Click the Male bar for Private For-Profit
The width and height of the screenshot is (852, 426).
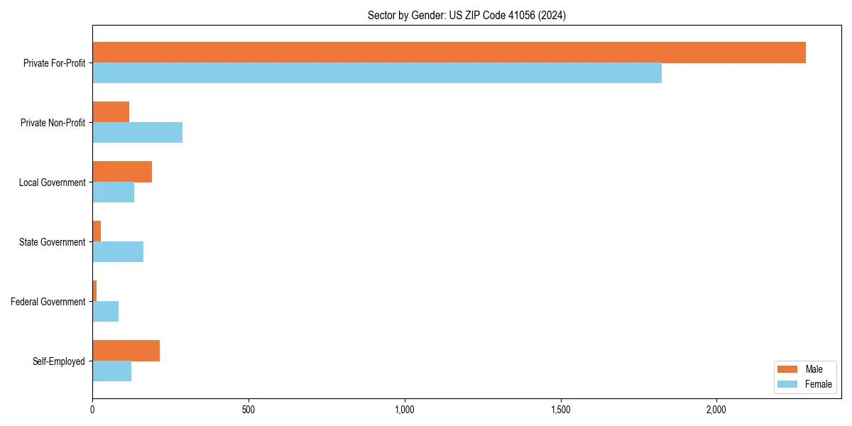449,53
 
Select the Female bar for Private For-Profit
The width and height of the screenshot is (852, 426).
377,73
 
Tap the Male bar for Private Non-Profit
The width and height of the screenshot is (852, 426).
111,112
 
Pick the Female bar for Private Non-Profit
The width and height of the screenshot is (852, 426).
137,133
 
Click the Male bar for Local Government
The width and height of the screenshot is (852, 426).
122,172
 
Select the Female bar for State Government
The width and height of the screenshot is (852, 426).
118,252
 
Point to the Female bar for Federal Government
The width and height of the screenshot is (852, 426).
105,312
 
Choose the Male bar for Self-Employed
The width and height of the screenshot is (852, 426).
126,351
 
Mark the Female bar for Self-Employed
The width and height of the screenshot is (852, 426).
111,371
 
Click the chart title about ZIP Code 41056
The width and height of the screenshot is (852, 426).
466,15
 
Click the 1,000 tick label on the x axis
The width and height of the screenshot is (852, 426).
405,410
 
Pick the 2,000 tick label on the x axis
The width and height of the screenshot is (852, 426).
716,410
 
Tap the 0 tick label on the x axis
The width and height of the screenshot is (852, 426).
92,410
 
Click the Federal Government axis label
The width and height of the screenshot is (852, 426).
48,302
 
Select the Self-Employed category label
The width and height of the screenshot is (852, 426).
59,361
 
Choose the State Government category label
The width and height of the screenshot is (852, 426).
52,242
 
